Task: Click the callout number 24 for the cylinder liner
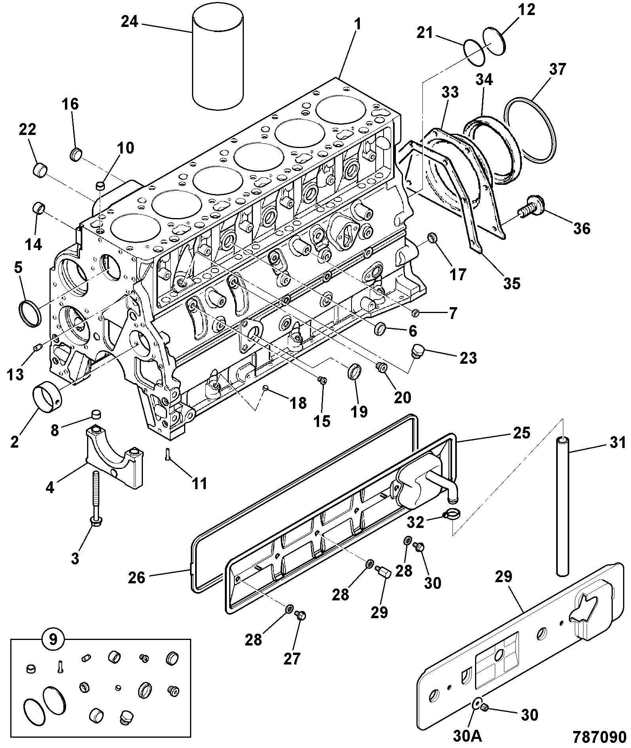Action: point(129,22)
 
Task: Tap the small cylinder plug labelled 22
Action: point(40,171)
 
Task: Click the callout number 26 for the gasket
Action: point(137,578)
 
